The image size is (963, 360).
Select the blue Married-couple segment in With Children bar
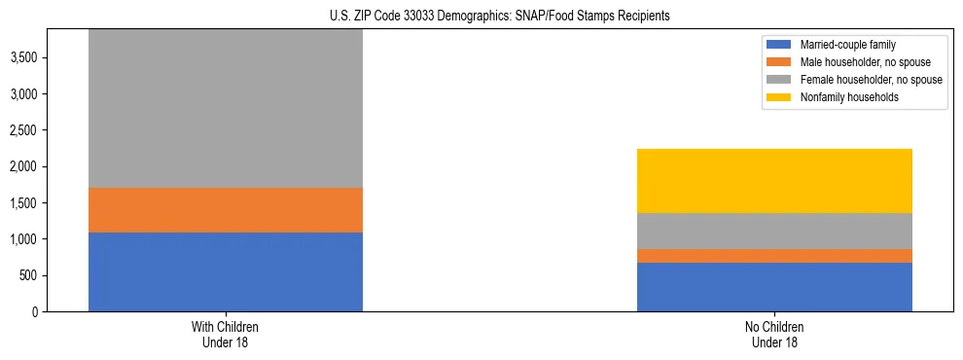pyautogui.click(x=226, y=271)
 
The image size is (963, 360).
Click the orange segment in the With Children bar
pyautogui.click(x=226, y=209)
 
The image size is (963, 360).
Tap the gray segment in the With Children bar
pyautogui.click(x=226, y=107)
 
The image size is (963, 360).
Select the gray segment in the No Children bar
pyautogui.click(x=774, y=231)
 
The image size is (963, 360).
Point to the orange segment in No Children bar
pyautogui.click(x=774, y=256)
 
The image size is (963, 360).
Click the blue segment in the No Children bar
pyautogui.click(x=774, y=287)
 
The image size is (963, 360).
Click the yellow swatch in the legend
pyautogui.click(x=779, y=97)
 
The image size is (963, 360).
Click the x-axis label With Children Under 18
pyautogui.click(x=226, y=335)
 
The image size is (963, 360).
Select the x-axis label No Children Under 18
pyautogui.click(x=774, y=335)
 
